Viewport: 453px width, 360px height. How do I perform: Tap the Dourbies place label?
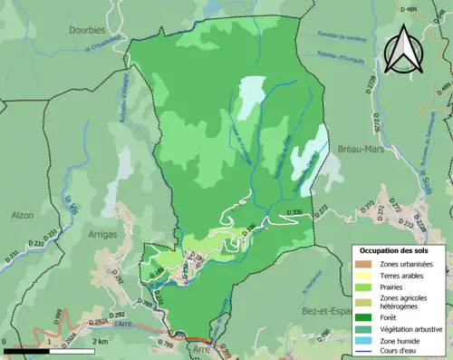(88, 29)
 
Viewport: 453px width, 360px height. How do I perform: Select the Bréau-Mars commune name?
(363, 149)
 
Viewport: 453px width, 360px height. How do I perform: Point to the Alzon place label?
(22, 216)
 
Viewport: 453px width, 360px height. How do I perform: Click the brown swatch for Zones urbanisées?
(362, 264)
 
